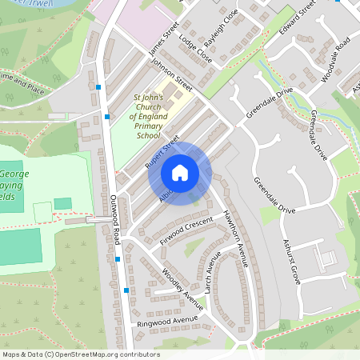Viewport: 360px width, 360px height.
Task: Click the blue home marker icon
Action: [180, 173]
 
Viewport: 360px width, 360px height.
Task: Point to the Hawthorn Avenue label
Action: [236, 238]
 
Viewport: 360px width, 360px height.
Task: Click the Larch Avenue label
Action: [212, 273]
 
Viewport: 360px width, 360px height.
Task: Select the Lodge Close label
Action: [195, 48]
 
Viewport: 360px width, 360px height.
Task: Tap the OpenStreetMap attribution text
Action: [81, 354]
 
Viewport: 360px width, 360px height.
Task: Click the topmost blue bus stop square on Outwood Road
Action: [98, 86]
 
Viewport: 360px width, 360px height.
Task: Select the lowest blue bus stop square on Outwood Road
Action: [126, 290]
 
